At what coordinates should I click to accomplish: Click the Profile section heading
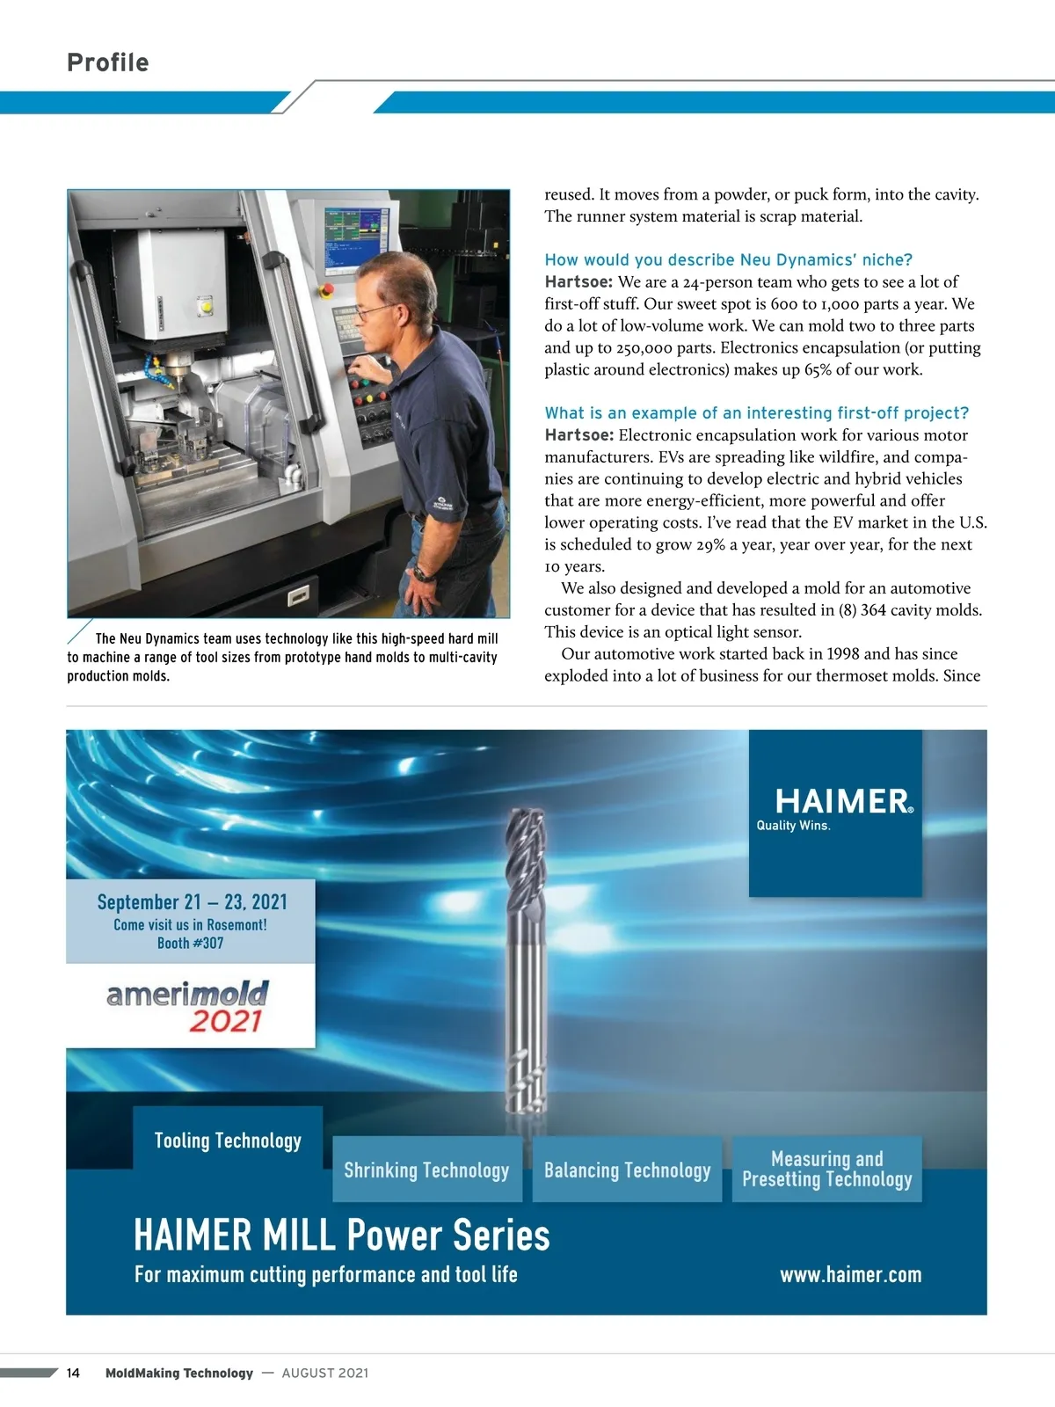108,62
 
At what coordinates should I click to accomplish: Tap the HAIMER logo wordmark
843,801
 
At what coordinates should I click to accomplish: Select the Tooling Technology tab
228,1141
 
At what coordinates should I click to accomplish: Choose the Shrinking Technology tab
426,1170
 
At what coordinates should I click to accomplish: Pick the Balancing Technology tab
627,1170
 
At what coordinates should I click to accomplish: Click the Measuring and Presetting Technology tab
826,1170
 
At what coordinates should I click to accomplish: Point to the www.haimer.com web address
850,1274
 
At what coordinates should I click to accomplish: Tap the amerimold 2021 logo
188,1007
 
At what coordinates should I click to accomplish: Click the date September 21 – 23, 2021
192,902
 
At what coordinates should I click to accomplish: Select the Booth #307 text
190,944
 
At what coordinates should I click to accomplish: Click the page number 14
73,1374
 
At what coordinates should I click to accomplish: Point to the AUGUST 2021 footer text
324,1374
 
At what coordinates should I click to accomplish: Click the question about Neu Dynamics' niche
728,259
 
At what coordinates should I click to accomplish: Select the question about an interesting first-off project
756,413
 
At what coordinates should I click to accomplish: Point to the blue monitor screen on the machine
353,237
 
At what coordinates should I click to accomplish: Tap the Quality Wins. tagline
793,826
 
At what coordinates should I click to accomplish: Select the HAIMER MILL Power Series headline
341,1235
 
